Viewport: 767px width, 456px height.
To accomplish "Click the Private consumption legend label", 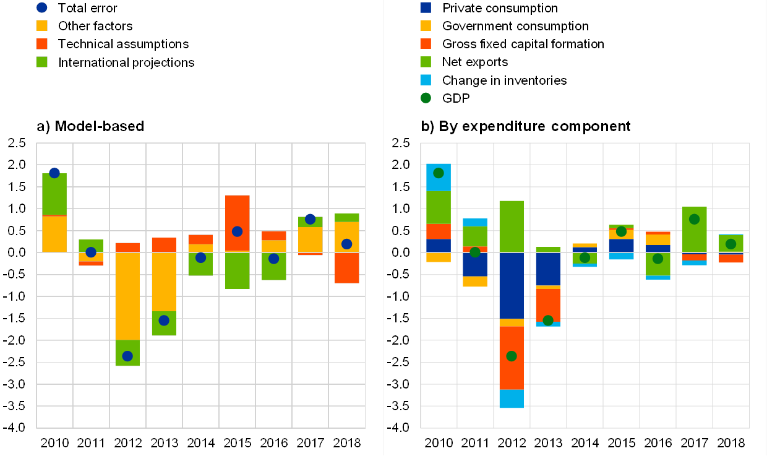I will (x=500, y=8).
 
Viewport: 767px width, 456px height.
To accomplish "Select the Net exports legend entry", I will (x=475, y=62).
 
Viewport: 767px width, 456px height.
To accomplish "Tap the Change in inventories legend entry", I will (x=504, y=80).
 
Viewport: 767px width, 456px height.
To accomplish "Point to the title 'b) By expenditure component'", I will (x=526, y=126).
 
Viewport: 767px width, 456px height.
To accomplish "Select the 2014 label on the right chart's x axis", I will (x=585, y=443).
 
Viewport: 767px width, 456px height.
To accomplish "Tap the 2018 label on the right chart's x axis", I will (x=731, y=443).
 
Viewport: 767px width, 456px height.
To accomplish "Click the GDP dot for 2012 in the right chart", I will (x=511, y=356).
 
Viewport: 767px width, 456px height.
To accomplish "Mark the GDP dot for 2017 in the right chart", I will (x=694, y=219).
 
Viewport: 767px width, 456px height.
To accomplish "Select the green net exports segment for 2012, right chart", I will (x=511, y=226).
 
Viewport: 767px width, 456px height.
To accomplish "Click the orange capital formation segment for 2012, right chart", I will (x=511, y=358).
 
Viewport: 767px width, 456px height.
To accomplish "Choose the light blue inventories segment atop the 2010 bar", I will (x=438, y=177).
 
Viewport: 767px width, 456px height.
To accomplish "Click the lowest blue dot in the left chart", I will (x=127, y=356).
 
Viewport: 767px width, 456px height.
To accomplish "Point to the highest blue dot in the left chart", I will (x=54, y=173).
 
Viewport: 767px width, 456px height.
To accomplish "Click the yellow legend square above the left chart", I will (x=43, y=25).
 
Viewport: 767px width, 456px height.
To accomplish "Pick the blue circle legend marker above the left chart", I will (x=43, y=8).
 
